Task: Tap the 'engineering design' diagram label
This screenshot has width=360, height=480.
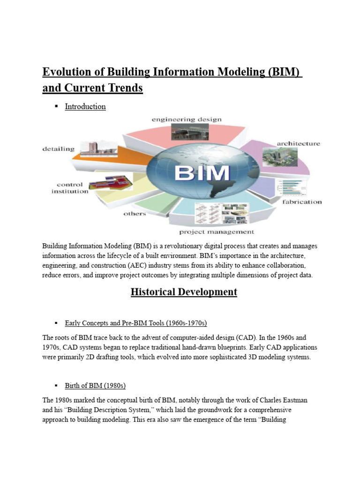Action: coord(187,120)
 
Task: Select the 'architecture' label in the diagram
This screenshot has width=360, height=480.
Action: coord(298,143)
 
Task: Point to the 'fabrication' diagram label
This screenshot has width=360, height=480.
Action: coord(302,202)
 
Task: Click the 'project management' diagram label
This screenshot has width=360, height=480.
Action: coord(217,232)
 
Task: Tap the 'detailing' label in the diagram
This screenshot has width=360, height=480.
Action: coord(58,149)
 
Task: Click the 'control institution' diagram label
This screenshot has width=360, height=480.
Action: coord(72,188)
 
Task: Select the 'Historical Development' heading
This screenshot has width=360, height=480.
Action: coord(184,292)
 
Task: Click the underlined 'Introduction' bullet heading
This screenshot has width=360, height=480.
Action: coord(85,106)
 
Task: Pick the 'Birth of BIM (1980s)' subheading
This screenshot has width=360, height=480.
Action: coord(95,386)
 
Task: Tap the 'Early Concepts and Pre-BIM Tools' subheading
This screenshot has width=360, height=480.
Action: coord(136,323)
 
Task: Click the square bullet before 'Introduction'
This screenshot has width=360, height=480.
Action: coord(56,106)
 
